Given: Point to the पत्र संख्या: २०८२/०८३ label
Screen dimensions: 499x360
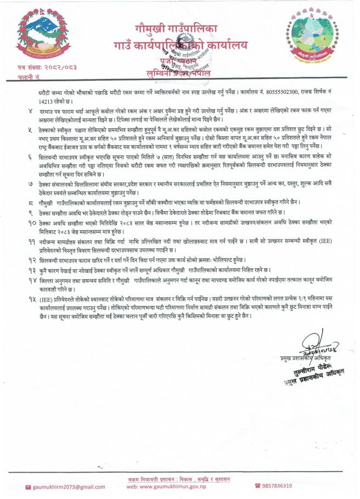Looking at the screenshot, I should [39, 67].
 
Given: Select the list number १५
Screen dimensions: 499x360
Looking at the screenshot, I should [31, 300].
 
